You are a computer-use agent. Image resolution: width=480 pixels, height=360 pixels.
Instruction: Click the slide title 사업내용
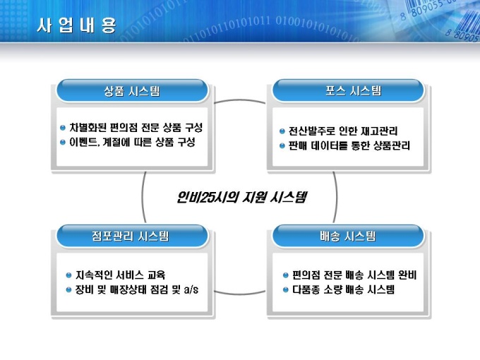pyautogui.click(x=76, y=25)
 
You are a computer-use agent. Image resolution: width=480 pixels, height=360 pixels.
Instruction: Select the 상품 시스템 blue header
pyautogui.click(x=132, y=90)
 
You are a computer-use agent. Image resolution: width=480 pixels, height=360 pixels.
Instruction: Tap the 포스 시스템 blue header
pyautogui.click(x=349, y=90)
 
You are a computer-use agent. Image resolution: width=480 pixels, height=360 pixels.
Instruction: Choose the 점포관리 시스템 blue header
pyautogui.click(x=132, y=236)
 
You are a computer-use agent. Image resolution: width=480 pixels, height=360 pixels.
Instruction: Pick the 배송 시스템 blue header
pyautogui.click(x=349, y=236)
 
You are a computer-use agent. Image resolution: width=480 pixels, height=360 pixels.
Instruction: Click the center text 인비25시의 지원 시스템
pyautogui.click(x=242, y=197)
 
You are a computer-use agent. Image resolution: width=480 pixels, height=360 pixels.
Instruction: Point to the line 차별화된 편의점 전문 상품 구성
pyautogui.click(x=136, y=127)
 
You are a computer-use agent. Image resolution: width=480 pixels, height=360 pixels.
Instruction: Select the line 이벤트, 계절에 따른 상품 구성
pyautogui.click(x=132, y=142)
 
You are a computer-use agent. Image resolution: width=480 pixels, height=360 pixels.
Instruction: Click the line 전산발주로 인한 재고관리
pyautogui.click(x=343, y=131)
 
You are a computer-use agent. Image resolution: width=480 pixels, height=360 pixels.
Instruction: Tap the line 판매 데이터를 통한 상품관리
pyautogui.click(x=349, y=145)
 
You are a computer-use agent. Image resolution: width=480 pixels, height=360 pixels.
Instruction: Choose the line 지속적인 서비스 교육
pyautogui.click(x=120, y=275)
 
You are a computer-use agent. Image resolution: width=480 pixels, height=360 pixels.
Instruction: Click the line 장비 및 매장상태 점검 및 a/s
pyautogui.click(x=137, y=289)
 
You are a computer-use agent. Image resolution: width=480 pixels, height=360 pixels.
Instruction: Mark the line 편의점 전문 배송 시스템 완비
pyautogui.click(x=354, y=275)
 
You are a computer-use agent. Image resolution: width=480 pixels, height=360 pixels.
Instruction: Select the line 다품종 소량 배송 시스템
pyautogui.click(x=343, y=289)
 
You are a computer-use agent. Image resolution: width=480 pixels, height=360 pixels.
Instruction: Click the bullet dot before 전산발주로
pyautogui.click(x=282, y=131)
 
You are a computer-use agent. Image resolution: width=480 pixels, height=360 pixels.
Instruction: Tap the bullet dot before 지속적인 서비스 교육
pyautogui.click(x=69, y=275)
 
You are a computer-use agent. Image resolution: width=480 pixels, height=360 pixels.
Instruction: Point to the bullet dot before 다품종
pyautogui.click(x=286, y=290)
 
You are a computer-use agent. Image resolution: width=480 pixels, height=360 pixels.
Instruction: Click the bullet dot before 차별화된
pyautogui.click(x=63, y=128)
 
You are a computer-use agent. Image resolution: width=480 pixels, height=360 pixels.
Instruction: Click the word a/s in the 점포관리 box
pyautogui.click(x=191, y=289)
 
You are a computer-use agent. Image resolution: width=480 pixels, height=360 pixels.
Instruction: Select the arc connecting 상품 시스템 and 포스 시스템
pyautogui.click(x=240, y=100)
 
